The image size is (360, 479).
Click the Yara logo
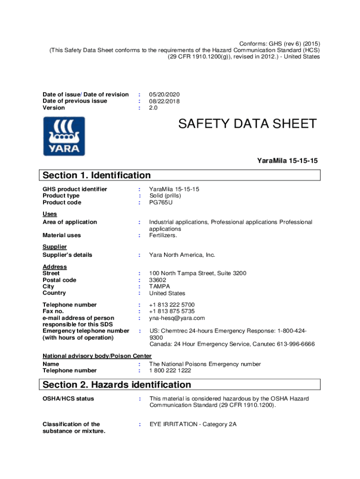pyautogui.click(x=64, y=136)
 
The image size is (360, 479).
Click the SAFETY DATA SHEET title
pyautogui.click(x=247, y=124)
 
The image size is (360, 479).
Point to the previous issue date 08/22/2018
pyautogui.click(x=165, y=101)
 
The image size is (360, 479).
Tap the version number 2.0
pyautogui.click(x=154, y=108)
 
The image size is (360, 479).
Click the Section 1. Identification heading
pyautogui.click(x=97, y=175)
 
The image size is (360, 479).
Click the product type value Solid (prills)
pyautogui.click(x=165, y=196)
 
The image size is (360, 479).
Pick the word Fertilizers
pyautogui.click(x=163, y=236)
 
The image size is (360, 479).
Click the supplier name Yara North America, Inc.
pyautogui.click(x=182, y=255)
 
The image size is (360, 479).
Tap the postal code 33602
pyautogui.click(x=158, y=280)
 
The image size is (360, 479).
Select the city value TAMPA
pyautogui.click(x=160, y=287)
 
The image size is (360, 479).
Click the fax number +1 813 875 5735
pyautogui.click(x=172, y=311)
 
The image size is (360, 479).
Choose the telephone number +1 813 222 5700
pyautogui.click(x=172, y=305)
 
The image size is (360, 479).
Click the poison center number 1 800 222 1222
pyautogui.click(x=170, y=370)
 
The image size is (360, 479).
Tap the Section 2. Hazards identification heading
pyautogui.click(x=117, y=385)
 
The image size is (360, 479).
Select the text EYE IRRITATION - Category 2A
pyautogui.click(x=193, y=424)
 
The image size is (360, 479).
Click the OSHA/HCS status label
pyautogui.click(x=68, y=399)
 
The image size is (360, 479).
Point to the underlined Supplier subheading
pyautogui.click(x=55, y=247)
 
